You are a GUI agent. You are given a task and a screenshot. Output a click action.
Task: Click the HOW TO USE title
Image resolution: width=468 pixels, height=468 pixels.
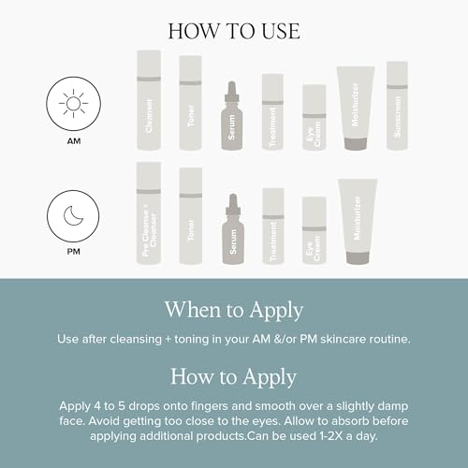click(234, 30)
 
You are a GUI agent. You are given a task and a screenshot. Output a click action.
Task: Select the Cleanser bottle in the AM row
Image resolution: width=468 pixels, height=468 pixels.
click(149, 100)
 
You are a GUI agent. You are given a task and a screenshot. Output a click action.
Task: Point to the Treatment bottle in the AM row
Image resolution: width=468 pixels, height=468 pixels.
click(272, 112)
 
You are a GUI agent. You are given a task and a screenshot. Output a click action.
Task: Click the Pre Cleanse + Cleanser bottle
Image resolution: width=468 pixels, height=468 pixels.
click(149, 213)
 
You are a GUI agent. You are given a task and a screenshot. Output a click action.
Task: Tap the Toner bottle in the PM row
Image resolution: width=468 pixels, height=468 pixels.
click(190, 216)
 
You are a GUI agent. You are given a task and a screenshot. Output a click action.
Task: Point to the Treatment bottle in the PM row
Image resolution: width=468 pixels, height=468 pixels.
click(272, 226)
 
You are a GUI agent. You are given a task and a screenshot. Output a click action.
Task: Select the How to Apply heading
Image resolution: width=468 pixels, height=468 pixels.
click(233, 377)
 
